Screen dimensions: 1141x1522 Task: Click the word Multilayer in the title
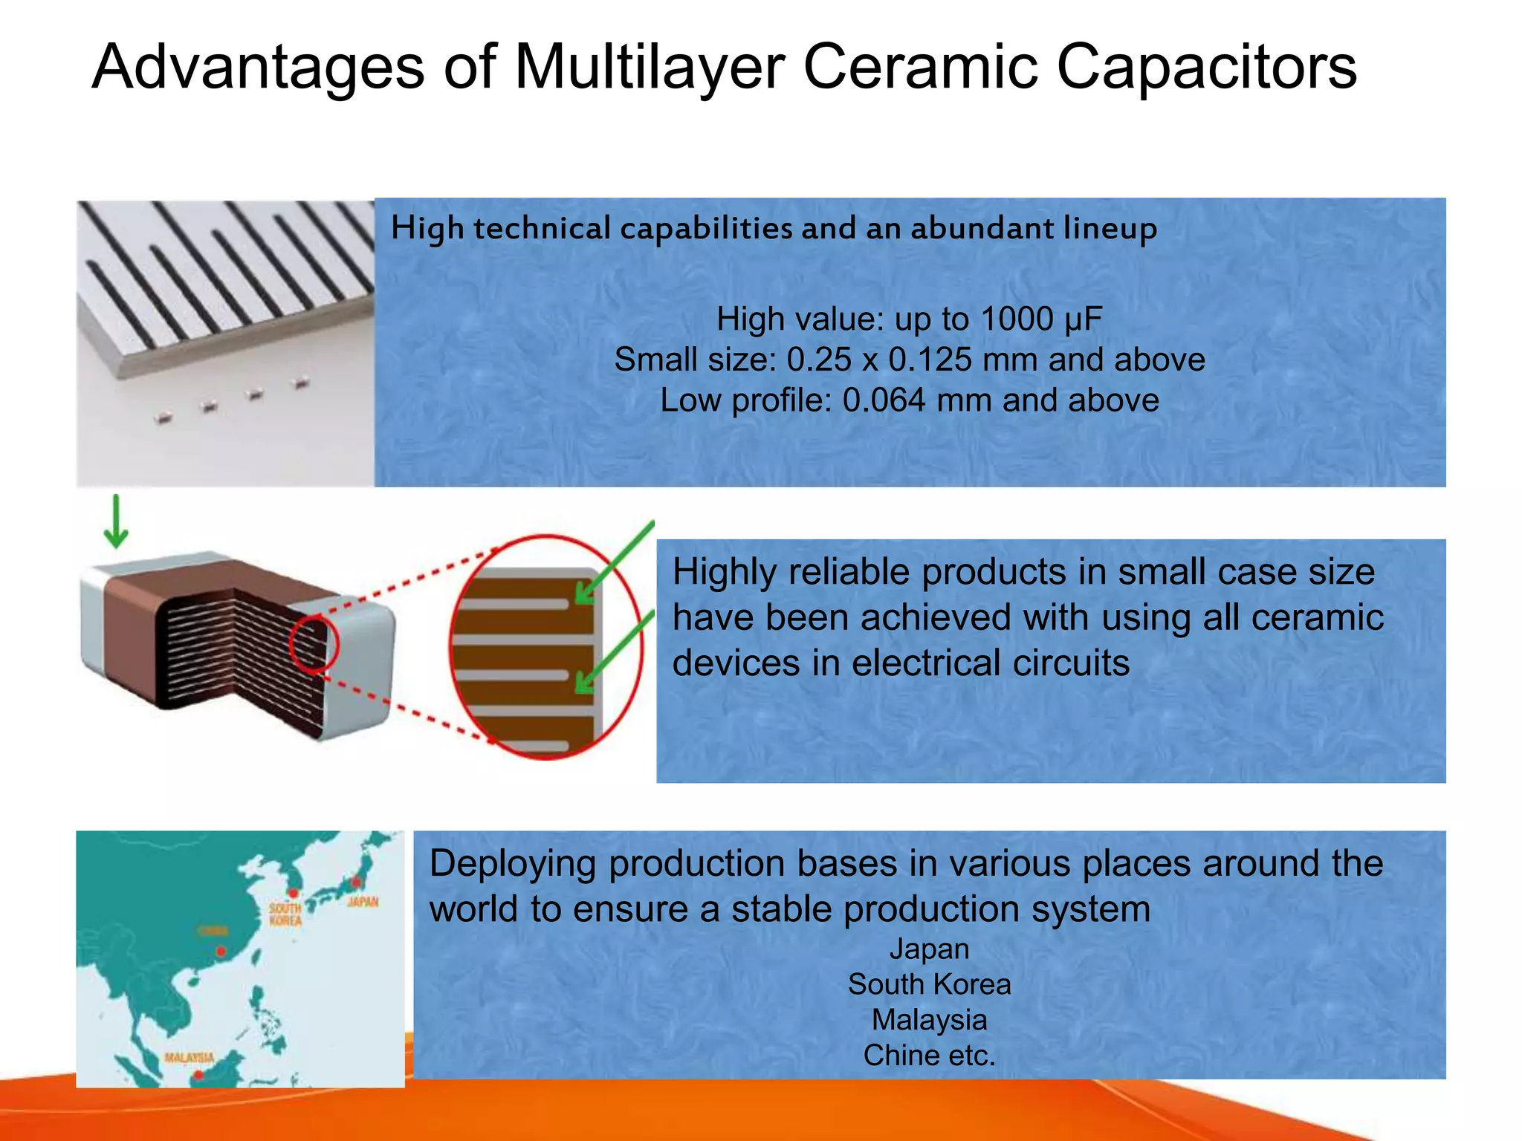(x=649, y=67)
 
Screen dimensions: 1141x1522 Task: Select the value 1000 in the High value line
(x=1016, y=319)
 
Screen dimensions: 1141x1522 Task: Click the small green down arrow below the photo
(x=116, y=523)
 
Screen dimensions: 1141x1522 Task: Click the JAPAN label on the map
(x=363, y=902)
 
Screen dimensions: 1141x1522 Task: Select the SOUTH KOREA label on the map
(x=285, y=914)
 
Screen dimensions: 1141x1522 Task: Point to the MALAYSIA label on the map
(x=189, y=1058)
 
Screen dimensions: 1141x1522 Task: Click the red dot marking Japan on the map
(x=356, y=882)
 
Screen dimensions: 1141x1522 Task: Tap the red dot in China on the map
(x=221, y=952)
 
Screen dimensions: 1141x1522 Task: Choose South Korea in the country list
(x=929, y=984)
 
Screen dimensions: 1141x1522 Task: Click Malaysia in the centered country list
(x=929, y=1020)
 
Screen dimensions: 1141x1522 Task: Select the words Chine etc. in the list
(x=929, y=1056)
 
